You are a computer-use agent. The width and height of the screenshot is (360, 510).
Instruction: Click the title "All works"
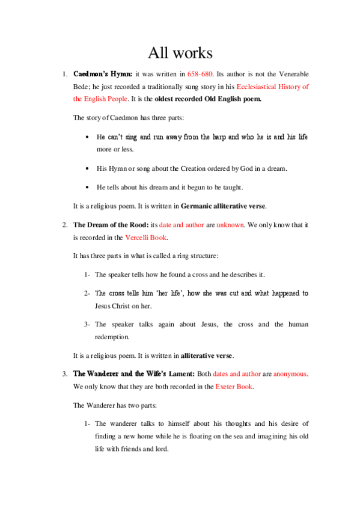point(180,53)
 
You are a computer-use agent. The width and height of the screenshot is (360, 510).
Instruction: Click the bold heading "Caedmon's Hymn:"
point(99,75)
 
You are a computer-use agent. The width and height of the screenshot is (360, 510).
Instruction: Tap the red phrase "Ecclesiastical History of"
point(272,87)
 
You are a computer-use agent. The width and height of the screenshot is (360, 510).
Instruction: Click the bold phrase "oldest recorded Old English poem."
point(208,99)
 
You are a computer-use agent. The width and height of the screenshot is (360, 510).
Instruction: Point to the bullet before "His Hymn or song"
point(88,169)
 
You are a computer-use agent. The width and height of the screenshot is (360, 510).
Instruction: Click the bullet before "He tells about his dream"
point(88,188)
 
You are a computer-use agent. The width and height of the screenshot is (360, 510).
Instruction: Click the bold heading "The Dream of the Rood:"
point(106,225)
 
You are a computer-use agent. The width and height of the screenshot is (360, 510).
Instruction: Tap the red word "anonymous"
point(290,373)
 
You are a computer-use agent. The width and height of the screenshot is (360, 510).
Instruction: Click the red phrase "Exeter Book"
point(234,386)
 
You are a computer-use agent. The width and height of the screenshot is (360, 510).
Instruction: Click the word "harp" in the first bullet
point(218,137)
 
